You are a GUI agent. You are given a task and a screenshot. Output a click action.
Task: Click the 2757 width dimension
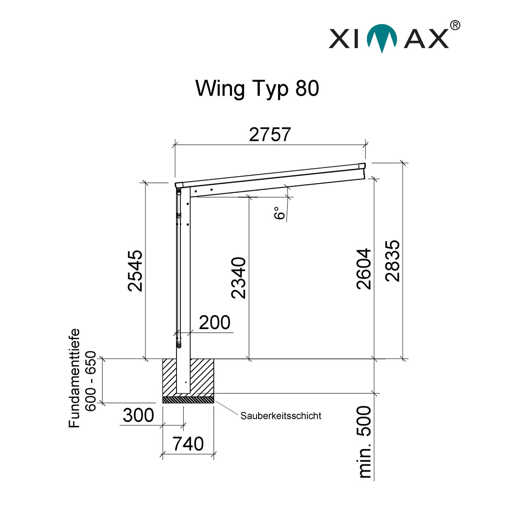click(x=270, y=135)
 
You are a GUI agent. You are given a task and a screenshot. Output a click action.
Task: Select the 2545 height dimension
click(x=136, y=271)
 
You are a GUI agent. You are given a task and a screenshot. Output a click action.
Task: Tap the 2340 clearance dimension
click(x=239, y=278)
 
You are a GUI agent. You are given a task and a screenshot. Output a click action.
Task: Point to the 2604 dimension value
click(x=364, y=268)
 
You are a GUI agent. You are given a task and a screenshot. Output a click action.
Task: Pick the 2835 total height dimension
click(x=392, y=261)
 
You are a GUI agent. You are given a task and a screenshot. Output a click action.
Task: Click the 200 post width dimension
click(x=215, y=323)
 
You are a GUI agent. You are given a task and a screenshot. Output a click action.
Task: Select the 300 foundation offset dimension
click(x=138, y=416)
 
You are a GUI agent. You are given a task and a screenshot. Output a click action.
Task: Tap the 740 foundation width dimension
click(x=188, y=444)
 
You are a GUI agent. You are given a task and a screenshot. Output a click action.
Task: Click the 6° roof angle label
click(x=279, y=213)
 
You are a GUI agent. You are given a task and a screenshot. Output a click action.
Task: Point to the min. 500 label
click(x=364, y=442)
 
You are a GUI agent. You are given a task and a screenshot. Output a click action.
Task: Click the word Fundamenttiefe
click(x=75, y=378)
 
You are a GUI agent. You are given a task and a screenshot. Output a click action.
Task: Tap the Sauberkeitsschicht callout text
click(x=281, y=416)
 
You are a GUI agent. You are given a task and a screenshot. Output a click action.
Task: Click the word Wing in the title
click(x=220, y=88)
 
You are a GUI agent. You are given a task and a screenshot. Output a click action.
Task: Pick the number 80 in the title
click(x=305, y=88)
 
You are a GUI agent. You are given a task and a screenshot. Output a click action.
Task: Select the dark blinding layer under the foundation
click(x=188, y=399)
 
